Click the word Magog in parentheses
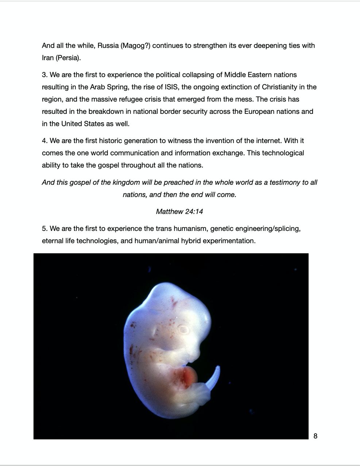[x=135, y=46]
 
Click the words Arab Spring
[x=108, y=87]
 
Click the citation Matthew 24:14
[x=179, y=212]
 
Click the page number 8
[x=315, y=436]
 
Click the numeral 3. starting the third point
[x=44, y=75]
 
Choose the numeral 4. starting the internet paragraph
[x=44, y=141]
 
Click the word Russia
[x=108, y=46]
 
